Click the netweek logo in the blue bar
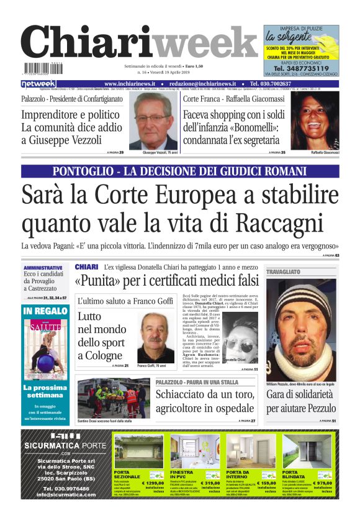click(x=38, y=84)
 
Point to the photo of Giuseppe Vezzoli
click(x=153, y=122)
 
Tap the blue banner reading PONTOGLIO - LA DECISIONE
click(x=180, y=171)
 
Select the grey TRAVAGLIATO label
click(x=283, y=272)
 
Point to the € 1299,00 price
click(x=151, y=482)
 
